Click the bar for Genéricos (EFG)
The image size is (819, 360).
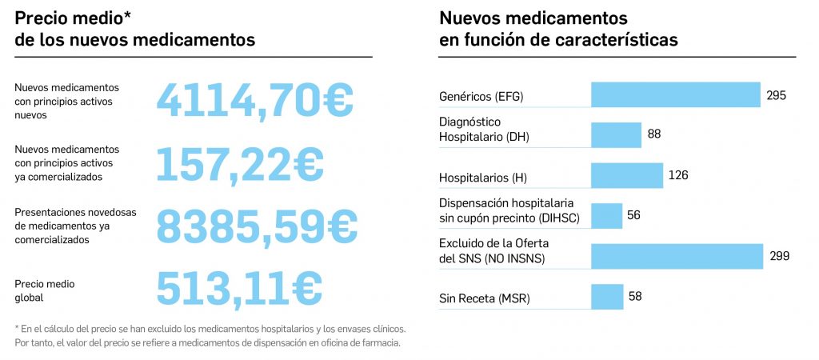tap(675, 94)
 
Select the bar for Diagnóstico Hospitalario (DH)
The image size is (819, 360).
tap(616, 134)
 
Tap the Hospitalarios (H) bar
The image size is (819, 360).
tap(627, 175)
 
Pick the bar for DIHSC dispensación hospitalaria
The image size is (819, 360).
tap(606, 215)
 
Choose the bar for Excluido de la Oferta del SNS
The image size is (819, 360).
tap(677, 256)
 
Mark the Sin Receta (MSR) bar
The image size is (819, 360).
tap(607, 296)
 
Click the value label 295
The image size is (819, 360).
tap(776, 95)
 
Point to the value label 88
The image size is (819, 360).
tap(654, 134)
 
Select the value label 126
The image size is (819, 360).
tap(677, 175)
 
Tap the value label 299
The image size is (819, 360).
tap(779, 256)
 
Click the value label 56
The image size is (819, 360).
tap(633, 215)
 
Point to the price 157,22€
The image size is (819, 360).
tap(239, 163)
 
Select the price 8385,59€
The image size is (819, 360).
tap(256, 226)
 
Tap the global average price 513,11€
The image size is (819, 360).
tap(239, 288)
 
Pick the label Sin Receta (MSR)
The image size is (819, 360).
tap(484, 299)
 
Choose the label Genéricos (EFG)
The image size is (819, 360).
tap(486, 97)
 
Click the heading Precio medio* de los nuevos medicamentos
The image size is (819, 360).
tap(135, 29)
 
